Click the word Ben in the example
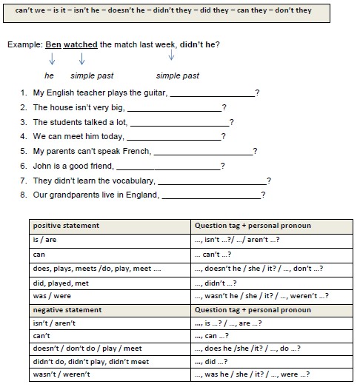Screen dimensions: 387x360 [53, 44]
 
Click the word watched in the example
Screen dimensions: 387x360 [81, 44]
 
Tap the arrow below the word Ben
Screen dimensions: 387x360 [52, 61]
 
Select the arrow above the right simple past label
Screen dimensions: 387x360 [172, 54]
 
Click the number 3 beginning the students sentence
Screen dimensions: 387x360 [24, 122]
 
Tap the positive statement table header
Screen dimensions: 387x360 [67, 225]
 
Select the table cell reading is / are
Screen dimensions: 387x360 [45, 239]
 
